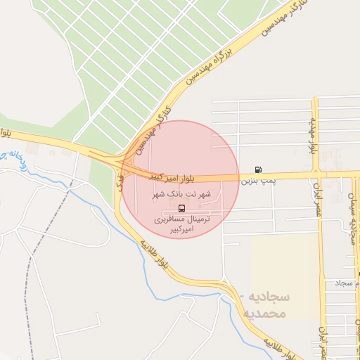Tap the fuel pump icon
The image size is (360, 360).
(259, 169)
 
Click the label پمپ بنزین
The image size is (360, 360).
(255, 181)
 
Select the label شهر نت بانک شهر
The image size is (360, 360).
(181, 193)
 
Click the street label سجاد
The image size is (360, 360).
(347, 282)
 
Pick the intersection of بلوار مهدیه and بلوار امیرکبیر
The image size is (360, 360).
(316, 172)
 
